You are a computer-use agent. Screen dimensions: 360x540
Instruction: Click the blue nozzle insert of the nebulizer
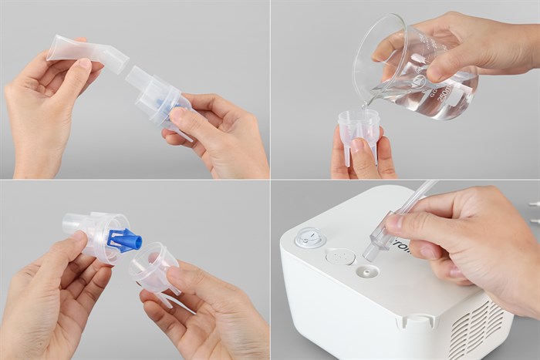coord(125,239)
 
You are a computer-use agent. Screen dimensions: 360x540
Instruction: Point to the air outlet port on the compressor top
coord(366,271)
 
